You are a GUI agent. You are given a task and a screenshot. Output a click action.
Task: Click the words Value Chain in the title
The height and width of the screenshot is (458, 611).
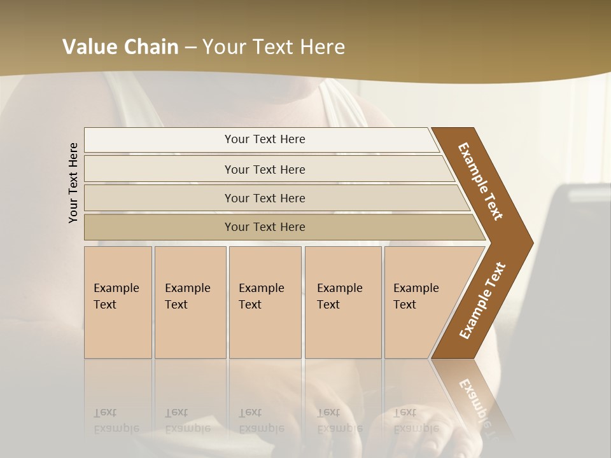[x=120, y=47]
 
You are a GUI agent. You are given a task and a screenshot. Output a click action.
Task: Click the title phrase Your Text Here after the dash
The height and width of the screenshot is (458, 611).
[x=273, y=47]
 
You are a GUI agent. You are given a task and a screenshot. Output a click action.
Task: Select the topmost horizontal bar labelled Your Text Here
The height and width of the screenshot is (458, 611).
[x=265, y=139]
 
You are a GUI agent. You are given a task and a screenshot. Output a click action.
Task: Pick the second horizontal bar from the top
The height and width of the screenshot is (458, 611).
[x=265, y=169]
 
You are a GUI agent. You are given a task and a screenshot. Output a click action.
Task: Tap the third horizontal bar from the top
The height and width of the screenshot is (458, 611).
[x=265, y=198]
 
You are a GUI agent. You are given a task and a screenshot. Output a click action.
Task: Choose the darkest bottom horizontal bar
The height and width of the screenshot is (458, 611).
[x=265, y=227]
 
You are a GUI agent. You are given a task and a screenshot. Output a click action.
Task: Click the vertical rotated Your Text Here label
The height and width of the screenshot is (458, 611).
[x=73, y=183]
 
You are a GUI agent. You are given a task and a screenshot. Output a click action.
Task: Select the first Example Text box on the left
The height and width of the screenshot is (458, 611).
[x=118, y=302]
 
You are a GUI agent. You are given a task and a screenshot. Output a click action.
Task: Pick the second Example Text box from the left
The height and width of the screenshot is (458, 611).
[x=190, y=302]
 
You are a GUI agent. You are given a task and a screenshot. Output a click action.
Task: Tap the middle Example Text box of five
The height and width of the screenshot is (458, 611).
[x=264, y=302]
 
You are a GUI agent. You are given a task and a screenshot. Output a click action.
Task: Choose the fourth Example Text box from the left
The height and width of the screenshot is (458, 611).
[x=342, y=302]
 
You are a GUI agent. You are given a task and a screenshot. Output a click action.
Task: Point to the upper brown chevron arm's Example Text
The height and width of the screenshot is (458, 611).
[x=481, y=181]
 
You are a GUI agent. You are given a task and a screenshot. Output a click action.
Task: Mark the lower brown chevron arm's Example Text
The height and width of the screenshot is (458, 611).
[x=482, y=301]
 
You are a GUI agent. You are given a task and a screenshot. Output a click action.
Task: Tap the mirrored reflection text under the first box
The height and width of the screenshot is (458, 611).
[x=116, y=421]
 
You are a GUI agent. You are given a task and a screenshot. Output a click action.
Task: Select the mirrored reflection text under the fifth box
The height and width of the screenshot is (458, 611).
[x=416, y=421]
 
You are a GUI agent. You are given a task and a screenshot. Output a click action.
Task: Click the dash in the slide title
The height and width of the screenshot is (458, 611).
[x=190, y=47]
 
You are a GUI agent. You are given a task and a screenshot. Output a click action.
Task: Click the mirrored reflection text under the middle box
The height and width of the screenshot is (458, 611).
[x=261, y=421]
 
